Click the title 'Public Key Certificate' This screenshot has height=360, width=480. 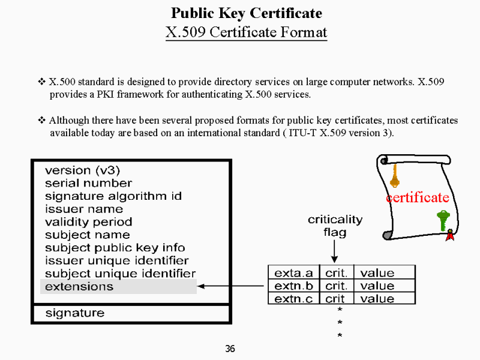pyautogui.click(x=246, y=13)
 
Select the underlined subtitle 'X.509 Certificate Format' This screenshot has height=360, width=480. pyautogui.click(x=246, y=31)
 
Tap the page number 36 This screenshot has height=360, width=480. pyautogui.click(x=230, y=349)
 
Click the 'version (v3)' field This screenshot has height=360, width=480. pyautogui.click(x=82, y=170)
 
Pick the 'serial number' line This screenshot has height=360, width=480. pyautogui.click(x=88, y=183)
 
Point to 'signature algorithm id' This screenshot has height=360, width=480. pyautogui.click(x=113, y=196)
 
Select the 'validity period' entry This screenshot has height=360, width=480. pyautogui.click(x=88, y=222)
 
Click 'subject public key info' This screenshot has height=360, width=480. pyautogui.click(x=115, y=248)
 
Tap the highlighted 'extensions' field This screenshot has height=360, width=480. pyautogui.click(x=118, y=286)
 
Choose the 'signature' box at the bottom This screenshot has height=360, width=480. pyautogui.click(x=74, y=313)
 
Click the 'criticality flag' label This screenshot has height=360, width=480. pyautogui.click(x=335, y=226)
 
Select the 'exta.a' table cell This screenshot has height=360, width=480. pyautogui.click(x=293, y=273)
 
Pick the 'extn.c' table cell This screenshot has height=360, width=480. pyautogui.click(x=293, y=299)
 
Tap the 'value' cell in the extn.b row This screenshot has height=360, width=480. pyautogui.click(x=377, y=286)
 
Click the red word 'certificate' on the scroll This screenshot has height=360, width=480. pyautogui.click(x=417, y=197)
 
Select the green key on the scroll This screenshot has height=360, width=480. pyautogui.click(x=443, y=220)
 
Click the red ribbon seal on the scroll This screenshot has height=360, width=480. pyautogui.click(x=450, y=237)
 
